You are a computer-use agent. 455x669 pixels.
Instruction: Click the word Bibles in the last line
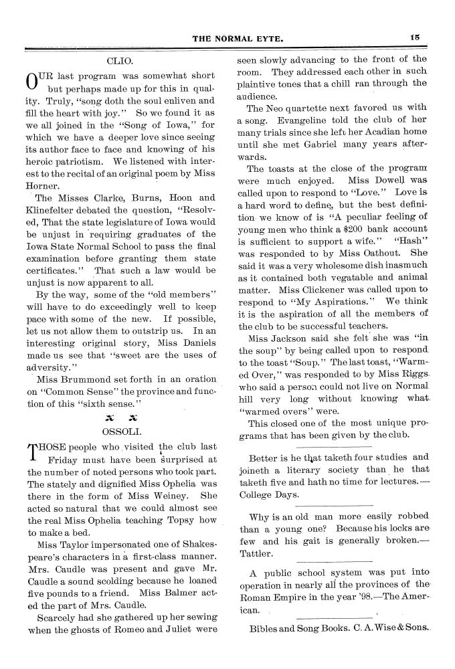pyautogui.click(x=266, y=629)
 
